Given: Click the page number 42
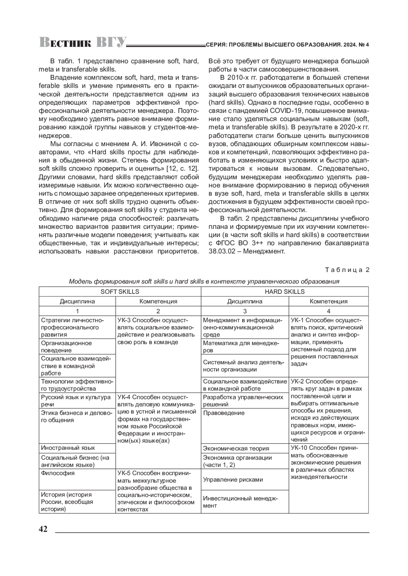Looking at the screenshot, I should point(43,529).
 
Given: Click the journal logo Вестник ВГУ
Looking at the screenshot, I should point(83,42).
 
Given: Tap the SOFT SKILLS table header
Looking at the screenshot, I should point(120,292).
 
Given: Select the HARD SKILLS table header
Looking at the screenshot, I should point(285,292).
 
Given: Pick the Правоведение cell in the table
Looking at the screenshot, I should point(244,426).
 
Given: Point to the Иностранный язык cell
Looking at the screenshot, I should point(77,448).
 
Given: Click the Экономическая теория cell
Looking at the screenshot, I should point(244,448).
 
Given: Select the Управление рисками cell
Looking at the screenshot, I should point(244,480).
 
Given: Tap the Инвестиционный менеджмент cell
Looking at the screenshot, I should point(244,502).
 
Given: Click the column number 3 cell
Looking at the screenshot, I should point(244,311).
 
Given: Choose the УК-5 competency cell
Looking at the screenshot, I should point(158,491).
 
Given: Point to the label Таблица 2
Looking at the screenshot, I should point(347,270).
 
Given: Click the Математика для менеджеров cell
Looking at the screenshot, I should point(244,347).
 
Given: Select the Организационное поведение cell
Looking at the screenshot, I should point(77,347).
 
